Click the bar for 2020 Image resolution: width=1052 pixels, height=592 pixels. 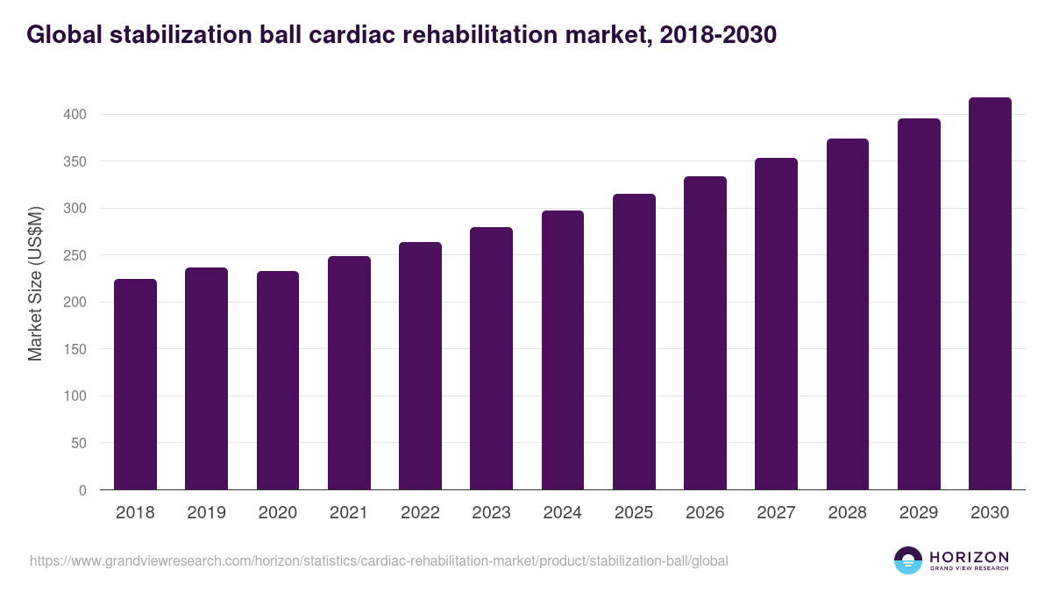pos(278,381)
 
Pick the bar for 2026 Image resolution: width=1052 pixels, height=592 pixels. pos(705,333)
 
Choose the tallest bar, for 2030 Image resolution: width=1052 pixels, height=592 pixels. pos(990,294)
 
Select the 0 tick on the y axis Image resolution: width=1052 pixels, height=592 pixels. pos(82,490)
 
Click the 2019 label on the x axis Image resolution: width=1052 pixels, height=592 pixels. pos(206,513)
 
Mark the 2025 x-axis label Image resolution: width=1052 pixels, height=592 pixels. pos(634,513)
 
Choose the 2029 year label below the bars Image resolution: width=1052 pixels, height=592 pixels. pos(919,513)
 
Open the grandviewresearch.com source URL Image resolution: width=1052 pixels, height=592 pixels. pos(379,560)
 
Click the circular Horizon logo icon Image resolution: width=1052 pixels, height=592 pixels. pos(908,560)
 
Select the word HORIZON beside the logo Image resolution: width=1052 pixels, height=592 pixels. pos(969,557)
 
